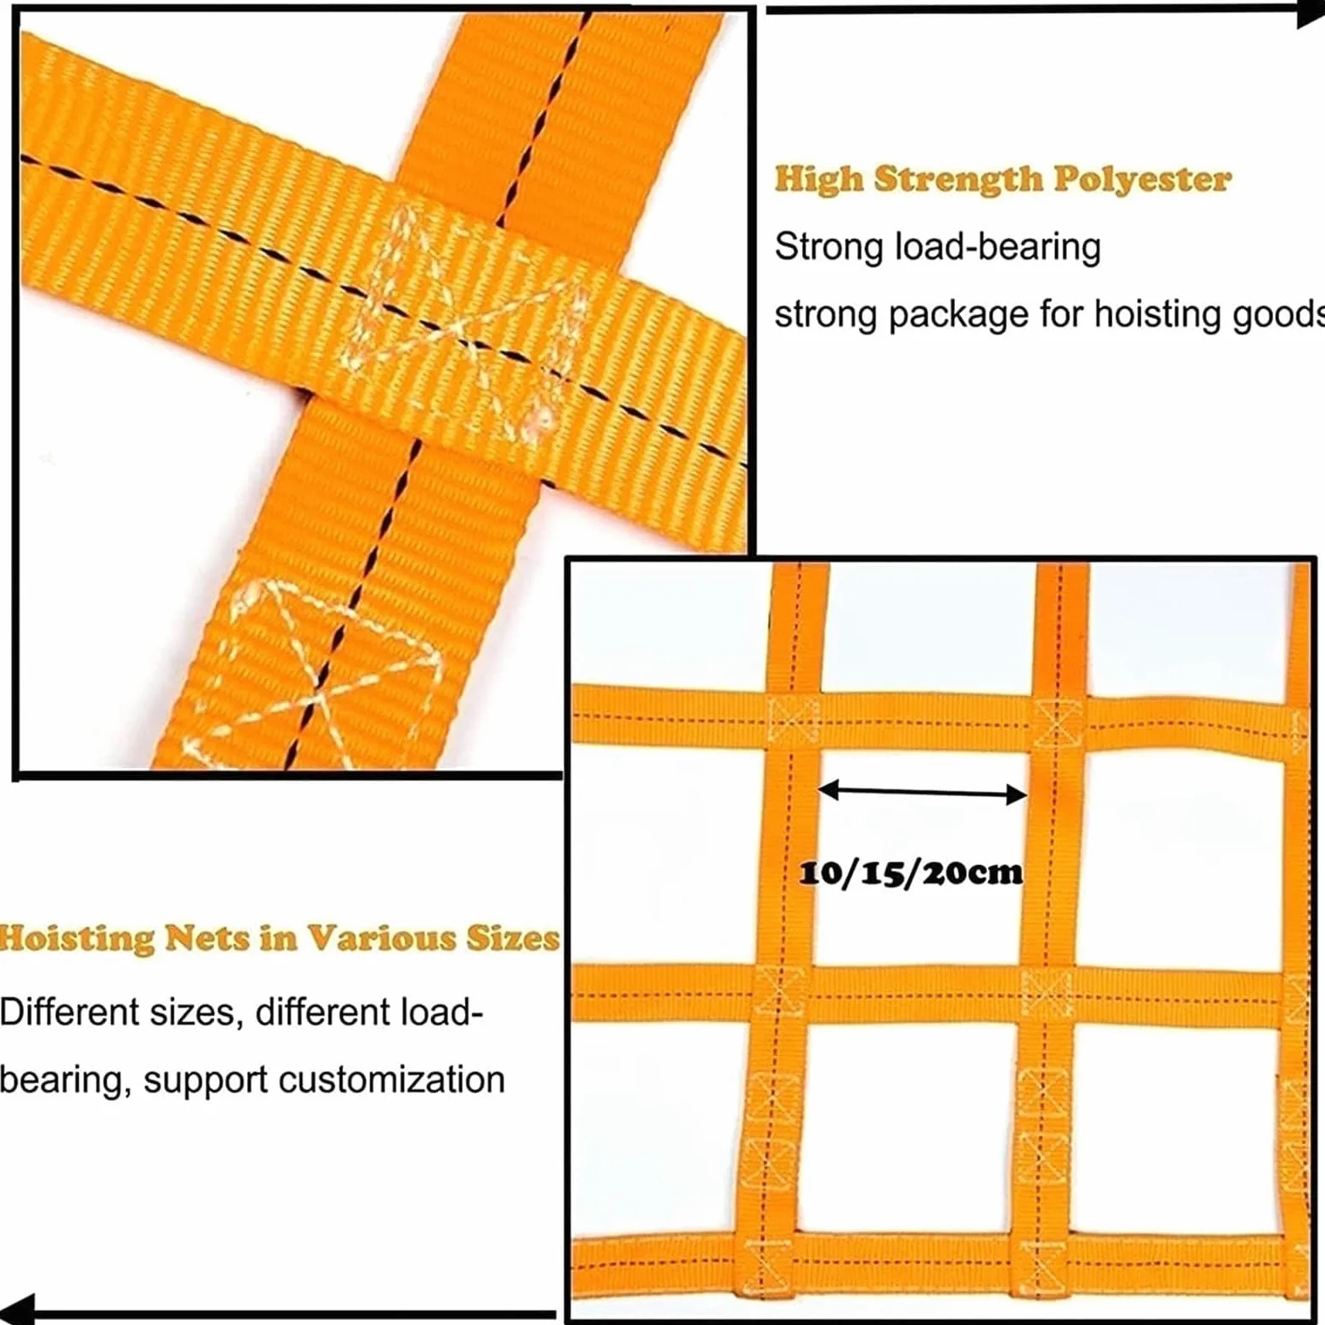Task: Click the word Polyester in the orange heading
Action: pyautogui.click(x=1142, y=180)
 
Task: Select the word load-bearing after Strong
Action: pyautogui.click(x=998, y=248)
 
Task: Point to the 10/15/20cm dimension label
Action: pyautogui.click(x=911, y=873)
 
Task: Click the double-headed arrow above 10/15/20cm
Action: pyautogui.click(x=922, y=793)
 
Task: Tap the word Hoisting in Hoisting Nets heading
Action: pyautogui.click(x=76, y=940)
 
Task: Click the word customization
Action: pyautogui.click(x=391, y=1080)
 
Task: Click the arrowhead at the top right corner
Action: pyautogui.click(x=1311, y=12)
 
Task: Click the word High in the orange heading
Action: pyautogui.click(x=819, y=180)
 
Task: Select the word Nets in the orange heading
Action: pyautogui.click(x=206, y=939)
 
